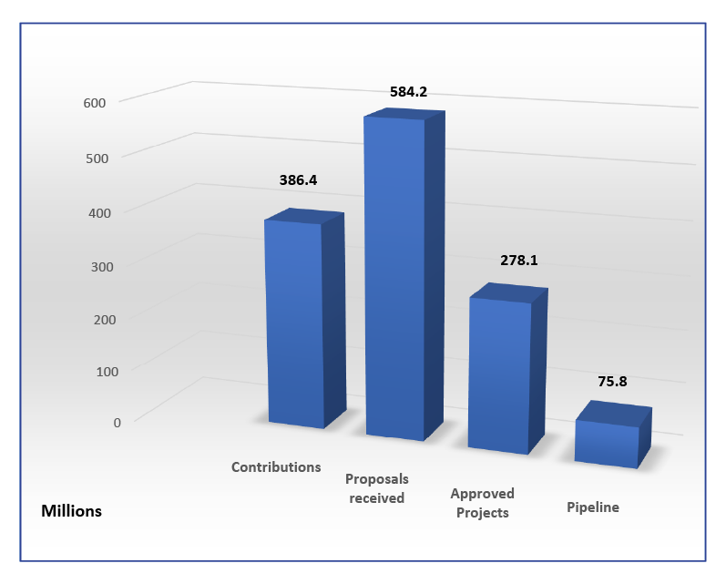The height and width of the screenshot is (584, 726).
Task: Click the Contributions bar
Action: [x=294, y=323]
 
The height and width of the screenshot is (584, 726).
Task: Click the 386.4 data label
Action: [x=298, y=180]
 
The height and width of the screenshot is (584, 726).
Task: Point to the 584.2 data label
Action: [x=408, y=91]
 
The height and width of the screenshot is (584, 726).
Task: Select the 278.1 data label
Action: [x=519, y=260]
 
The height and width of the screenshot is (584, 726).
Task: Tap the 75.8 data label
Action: [x=613, y=382]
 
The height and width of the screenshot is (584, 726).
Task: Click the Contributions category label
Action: [x=276, y=466]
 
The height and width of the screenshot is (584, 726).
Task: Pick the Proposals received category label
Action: [x=377, y=488]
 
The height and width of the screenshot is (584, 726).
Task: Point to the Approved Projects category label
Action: [x=482, y=503]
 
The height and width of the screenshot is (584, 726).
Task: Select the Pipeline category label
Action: [x=593, y=507]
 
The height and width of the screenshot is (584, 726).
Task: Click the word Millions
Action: [x=72, y=511]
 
